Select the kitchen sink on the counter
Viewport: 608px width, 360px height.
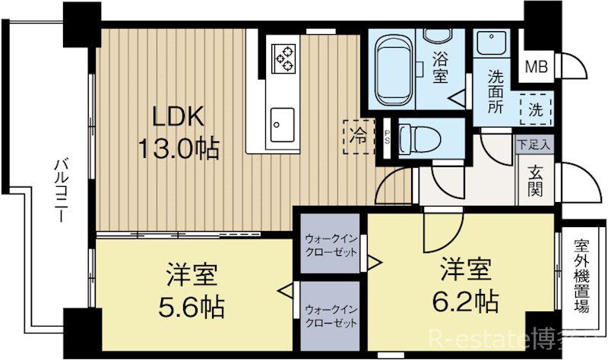coord(282,122)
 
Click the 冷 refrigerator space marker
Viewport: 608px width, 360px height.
coord(357,137)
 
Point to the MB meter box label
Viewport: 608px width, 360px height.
coord(537,66)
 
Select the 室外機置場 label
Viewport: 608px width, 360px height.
coord(581,276)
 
